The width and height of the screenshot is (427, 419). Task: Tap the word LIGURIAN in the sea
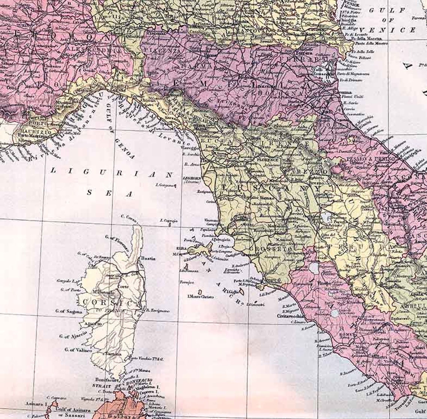(x=112, y=173)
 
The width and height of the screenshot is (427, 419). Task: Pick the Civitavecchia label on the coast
(x=290, y=316)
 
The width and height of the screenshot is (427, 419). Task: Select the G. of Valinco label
(x=78, y=350)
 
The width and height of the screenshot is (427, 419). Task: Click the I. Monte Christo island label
(x=201, y=296)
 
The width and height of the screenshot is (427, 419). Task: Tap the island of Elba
(x=199, y=248)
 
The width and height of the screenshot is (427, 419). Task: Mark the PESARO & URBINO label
(x=371, y=159)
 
